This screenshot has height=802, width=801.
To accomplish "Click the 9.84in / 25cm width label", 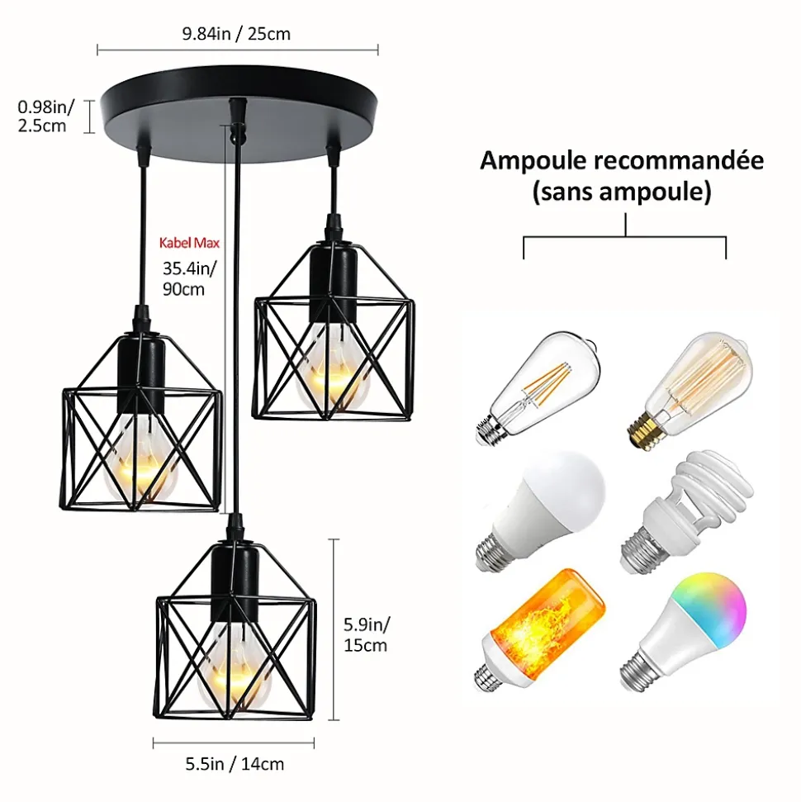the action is pyautogui.click(x=236, y=34).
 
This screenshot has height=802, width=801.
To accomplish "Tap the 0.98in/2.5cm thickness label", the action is pyautogui.click(x=45, y=116).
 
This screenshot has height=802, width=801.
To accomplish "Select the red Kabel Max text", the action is pyautogui.click(x=189, y=242).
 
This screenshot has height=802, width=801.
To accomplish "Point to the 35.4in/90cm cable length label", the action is pyautogui.click(x=189, y=278).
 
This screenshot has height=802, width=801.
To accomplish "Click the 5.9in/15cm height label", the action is pyautogui.click(x=366, y=635).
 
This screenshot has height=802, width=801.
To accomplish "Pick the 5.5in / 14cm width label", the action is pyautogui.click(x=235, y=764).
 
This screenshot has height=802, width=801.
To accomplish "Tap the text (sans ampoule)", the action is pyautogui.click(x=622, y=192).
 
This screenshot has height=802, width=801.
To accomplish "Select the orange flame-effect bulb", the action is pyautogui.click(x=540, y=630).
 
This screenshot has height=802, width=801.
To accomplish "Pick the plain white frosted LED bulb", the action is pyautogui.click(x=541, y=510).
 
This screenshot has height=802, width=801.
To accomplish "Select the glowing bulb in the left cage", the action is pyautogui.click(x=140, y=455).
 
